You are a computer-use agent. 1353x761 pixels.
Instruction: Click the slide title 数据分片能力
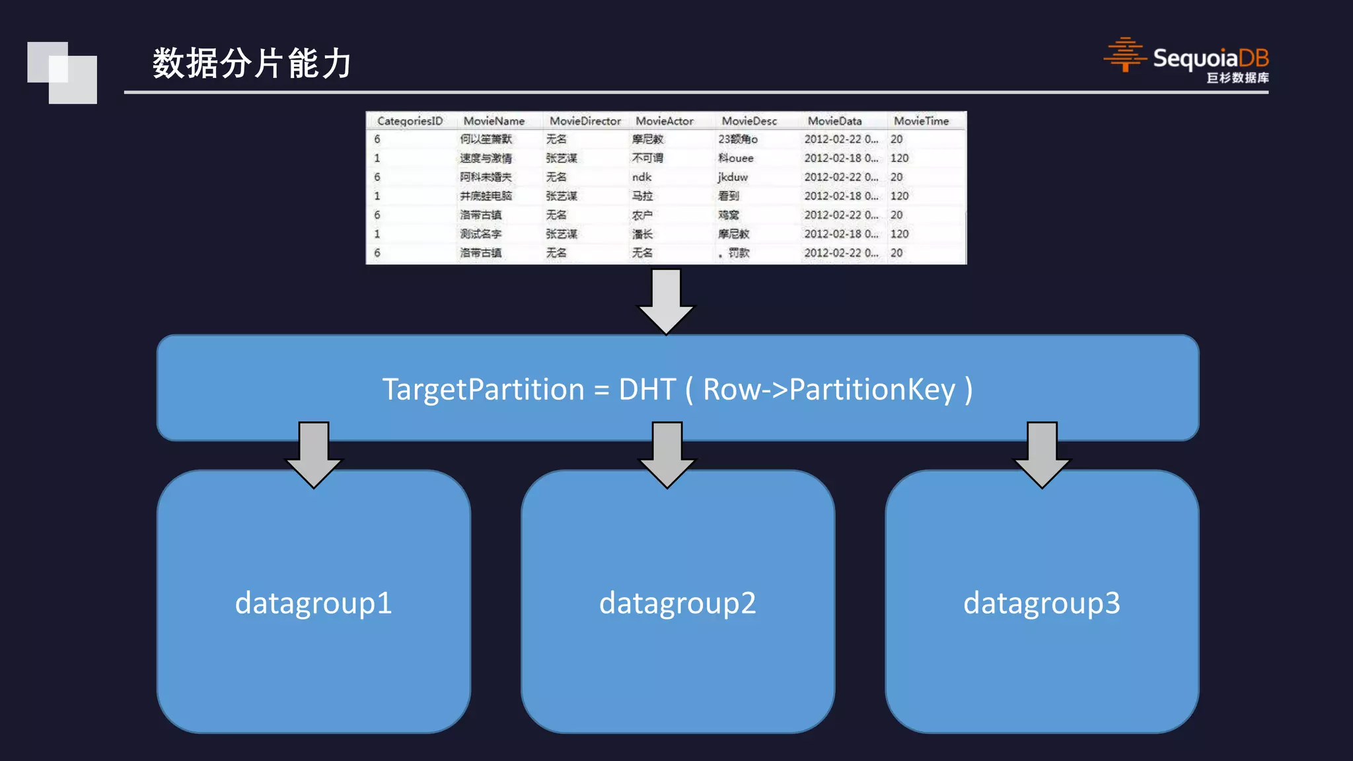pyautogui.click(x=252, y=63)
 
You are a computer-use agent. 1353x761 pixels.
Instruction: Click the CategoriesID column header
pyautogui.click(x=410, y=121)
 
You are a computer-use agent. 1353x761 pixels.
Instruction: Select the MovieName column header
pyautogui.click(x=494, y=121)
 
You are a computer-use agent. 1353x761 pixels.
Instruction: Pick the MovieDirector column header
pyautogui.click(x=585, y=121)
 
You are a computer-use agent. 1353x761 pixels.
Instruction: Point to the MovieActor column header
pyautogui.click(x=664, y=121)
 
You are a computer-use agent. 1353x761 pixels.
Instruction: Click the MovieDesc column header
pyautogui.click(x=749, y=121)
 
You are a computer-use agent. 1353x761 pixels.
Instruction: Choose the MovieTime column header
pyautogui.click(x=920, y=121)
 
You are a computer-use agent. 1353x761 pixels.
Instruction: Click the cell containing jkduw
pyautogui.click(x=733, y=177)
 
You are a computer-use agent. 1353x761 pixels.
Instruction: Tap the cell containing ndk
pyautogui.click(x=641, y=177)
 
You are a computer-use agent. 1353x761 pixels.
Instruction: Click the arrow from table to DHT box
pyautogui.click(x=666, y=301)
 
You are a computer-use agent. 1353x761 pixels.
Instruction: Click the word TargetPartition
pyautogui.click(x=483, y=389)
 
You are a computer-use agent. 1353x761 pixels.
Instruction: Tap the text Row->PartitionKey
pyautogui.click(x=828, y=389)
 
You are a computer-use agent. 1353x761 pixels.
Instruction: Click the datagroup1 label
pyautogui.click(x=313, y=602)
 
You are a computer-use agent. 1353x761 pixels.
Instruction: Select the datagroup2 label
pyautogui.click(x=677, y=602)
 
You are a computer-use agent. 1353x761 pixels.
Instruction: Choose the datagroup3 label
pyautogui.click(x=1041, y=602)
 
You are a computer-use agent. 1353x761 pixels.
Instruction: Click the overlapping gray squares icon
pyautogui.click(x=62, y=73)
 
